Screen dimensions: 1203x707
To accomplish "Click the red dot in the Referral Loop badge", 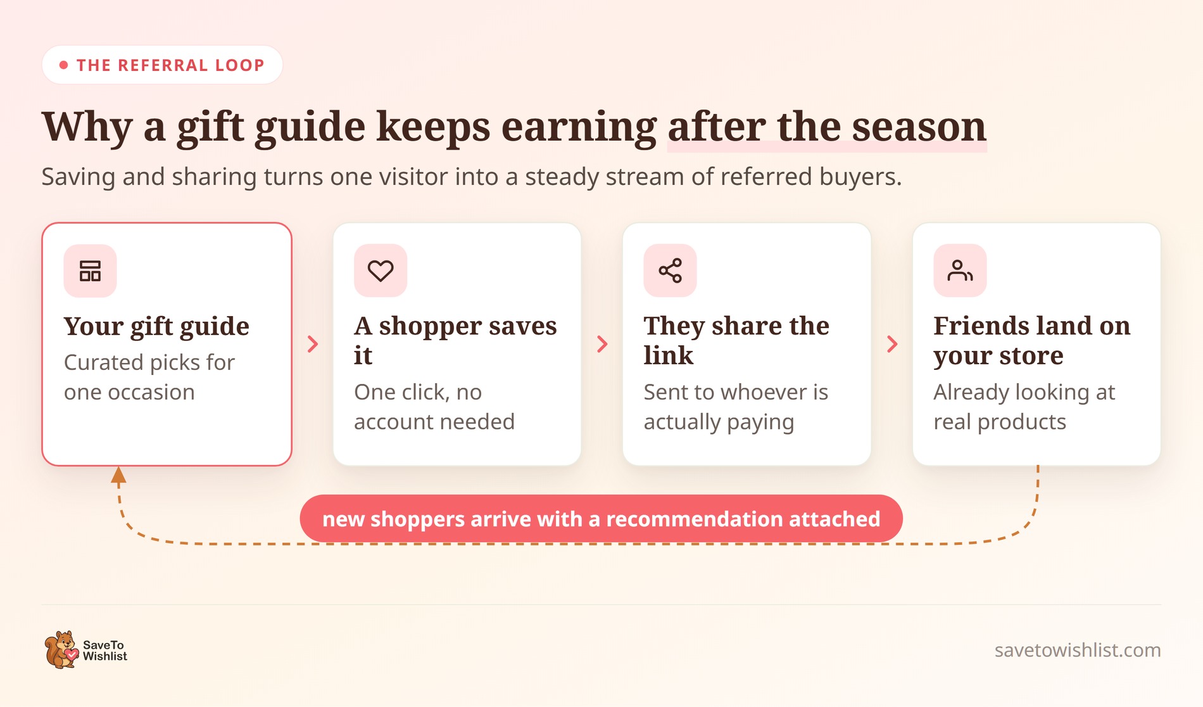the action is tap(63, 65).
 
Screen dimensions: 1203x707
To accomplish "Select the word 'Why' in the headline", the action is tap(87, 127).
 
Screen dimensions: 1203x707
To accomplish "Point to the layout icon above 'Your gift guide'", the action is tap(90, 271).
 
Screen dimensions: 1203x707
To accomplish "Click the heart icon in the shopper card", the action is tap(381, 271).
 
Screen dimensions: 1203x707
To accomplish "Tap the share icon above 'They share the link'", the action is tap(671, 271).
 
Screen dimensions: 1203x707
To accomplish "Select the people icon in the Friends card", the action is tap(960, 271).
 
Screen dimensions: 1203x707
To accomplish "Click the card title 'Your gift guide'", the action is tap(156, 327).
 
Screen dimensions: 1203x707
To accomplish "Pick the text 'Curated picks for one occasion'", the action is tap(149, 377).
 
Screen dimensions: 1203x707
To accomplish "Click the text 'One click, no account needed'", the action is tap(434, 407).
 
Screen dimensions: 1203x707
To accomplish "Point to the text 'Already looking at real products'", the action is tap(1024, 407).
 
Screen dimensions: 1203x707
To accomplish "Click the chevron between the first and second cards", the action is tap(313, 344).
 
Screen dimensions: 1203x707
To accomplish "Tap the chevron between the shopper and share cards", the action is tap(602, 344).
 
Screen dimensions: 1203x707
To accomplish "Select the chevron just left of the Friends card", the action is tap(892, 344).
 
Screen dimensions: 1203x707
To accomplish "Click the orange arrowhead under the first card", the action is tap(118, 475).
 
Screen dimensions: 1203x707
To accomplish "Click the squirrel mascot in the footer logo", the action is tap(61, 649).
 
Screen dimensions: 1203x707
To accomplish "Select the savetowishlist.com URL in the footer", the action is tap(1078, 650).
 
